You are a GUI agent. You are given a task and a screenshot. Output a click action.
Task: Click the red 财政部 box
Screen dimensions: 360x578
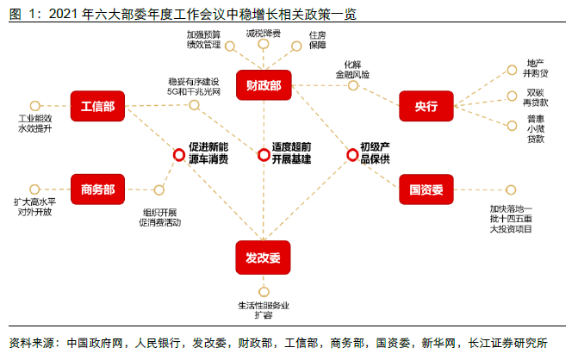tap(264, 86)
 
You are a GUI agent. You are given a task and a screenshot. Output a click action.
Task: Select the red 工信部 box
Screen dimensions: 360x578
tap(98, 106)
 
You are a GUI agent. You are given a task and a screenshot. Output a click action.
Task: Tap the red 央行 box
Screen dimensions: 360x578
tap(426, 106)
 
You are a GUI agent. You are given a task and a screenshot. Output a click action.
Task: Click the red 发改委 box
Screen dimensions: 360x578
tap(264, 258)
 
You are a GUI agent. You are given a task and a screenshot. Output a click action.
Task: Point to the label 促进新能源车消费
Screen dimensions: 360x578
tap(208, 154)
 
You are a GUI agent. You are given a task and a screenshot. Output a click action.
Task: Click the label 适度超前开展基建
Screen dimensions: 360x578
tap(291, 154)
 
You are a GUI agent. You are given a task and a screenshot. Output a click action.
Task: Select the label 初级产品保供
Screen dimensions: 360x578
tap(376, 154)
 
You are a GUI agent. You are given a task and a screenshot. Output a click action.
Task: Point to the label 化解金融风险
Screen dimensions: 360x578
tap(353, 69)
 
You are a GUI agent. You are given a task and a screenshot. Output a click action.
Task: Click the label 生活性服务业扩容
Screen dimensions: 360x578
tap(264, 310)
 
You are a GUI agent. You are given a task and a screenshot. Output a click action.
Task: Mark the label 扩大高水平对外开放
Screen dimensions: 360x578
tap(34, 207)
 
